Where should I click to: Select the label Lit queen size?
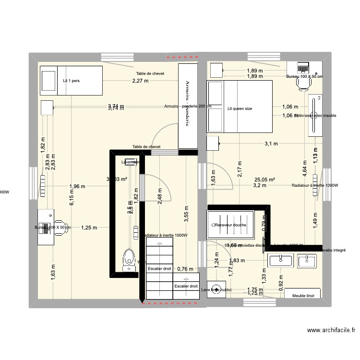240,109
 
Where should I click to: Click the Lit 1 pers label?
71,81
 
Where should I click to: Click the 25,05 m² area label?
264,180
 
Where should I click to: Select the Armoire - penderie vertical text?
188,103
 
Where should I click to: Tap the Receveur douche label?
231,225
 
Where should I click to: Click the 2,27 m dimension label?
141,81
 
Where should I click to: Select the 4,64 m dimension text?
303,171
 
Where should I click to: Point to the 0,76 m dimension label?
186,269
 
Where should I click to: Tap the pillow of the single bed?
48,80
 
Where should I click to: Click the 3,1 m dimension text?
271,143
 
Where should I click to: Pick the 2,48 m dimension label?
159,195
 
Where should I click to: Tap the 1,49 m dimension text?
315,221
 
